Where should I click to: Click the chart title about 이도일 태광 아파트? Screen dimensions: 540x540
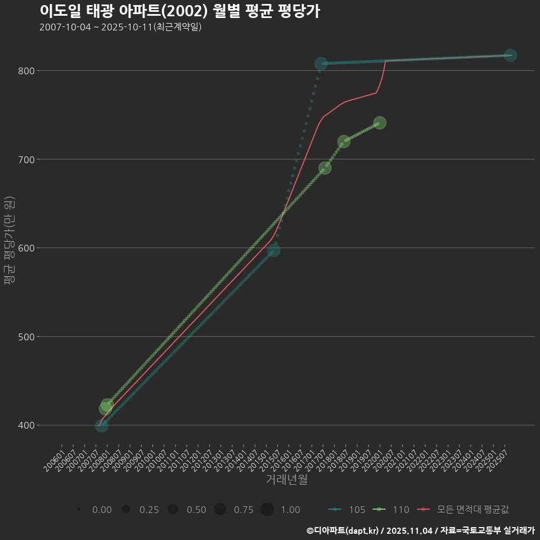tap(180, 11)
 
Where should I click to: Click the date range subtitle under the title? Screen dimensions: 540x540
tap(120, 27)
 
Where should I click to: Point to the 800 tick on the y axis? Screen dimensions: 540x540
tap(26, 71)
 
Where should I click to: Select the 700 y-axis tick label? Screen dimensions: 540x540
tap(26, 159)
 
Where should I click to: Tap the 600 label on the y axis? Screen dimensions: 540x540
tap(26, 248)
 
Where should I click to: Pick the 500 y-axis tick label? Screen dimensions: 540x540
tap(26, 337)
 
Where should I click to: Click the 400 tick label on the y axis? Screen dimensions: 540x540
tap(26, 425)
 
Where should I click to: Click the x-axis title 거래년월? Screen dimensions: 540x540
tap(286, 480)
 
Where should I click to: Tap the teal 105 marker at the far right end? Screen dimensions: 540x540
tap(510, 55)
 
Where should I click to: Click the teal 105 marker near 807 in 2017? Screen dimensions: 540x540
tap(321, 64)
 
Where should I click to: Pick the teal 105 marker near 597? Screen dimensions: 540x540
tap(273, 250)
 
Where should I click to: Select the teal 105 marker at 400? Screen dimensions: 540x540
tap(101, 426)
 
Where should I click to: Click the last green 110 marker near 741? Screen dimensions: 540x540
tap(380, 123)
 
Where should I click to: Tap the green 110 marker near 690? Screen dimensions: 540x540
tap(325, 168)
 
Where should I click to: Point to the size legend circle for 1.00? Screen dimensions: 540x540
tap(267, 510)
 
